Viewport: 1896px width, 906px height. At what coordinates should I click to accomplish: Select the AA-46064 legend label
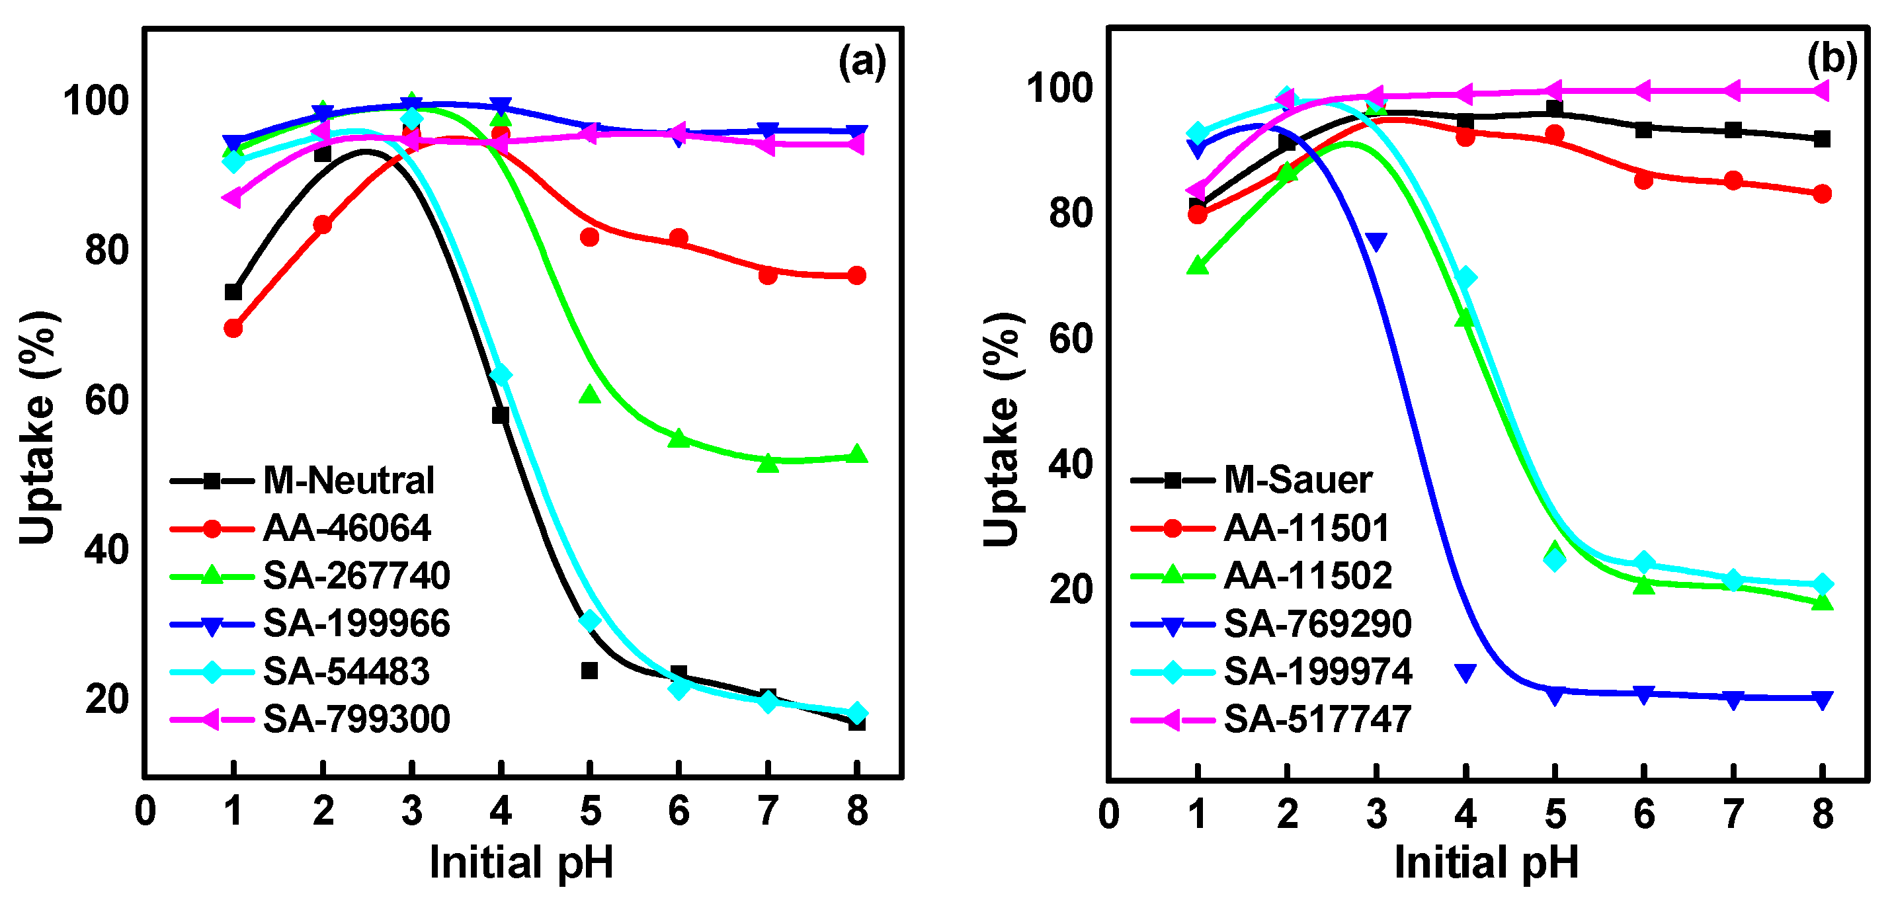(x=347, y=528)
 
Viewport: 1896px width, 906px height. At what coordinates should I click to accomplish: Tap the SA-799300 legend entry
(x=356, y=719)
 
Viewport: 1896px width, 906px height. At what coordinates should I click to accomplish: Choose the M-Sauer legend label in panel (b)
(x=1298, y=481)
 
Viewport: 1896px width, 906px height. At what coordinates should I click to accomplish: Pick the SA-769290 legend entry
(x=1317, y=624)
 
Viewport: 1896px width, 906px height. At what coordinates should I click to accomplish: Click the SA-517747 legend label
(x=1317, y=719)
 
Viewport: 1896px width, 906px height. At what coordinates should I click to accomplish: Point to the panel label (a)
(x=862, y=61)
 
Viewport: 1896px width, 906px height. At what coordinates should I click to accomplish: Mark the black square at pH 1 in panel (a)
(x=233, y=292)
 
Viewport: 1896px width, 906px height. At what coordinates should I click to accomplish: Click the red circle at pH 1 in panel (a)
(x=233, y=328)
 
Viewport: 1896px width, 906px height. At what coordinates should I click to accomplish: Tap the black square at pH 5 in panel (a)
(x=589, y=671)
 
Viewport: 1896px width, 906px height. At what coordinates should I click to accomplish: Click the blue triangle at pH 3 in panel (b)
(x=1376, y=242)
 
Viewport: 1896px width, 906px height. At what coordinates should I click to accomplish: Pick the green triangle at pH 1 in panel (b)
(x=1198, y=266)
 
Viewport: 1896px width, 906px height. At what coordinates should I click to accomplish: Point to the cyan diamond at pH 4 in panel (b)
(x=1465, y=278)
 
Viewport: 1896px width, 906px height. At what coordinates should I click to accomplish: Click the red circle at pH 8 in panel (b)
(x=1823, y=194)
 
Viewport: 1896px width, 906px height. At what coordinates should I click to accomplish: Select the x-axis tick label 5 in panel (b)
(x=1555, y=814)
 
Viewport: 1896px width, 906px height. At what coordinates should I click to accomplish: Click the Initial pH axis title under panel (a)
(x=521, y=862)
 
